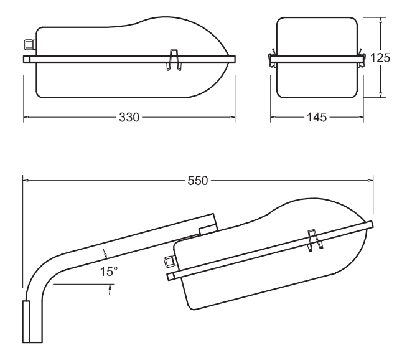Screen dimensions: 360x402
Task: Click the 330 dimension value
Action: click(129, 117)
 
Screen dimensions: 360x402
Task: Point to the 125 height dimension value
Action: click(380, 57)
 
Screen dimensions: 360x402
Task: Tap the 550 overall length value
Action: click(198, 181)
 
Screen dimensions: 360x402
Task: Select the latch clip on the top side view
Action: click(174, 59)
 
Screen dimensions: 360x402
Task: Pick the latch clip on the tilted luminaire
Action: click(315, 241)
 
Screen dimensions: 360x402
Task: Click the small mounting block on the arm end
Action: click(207, 230)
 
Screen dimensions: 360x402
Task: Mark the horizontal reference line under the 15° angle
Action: click(82, 285)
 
